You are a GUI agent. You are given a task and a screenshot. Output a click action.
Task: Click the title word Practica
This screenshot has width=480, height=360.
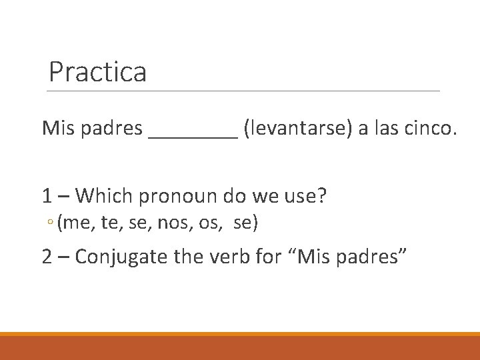point(97,72)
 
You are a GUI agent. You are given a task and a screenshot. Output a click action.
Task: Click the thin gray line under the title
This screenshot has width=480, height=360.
point(244,91)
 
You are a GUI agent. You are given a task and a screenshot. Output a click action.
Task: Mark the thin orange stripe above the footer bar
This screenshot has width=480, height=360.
point(240,334)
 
